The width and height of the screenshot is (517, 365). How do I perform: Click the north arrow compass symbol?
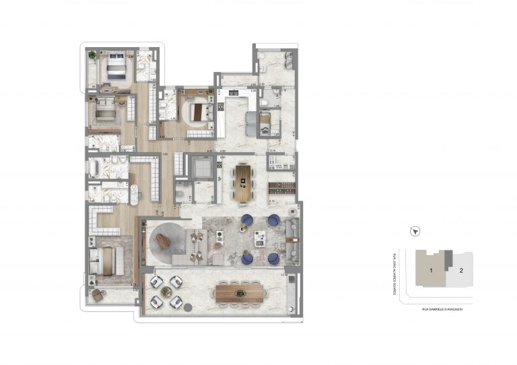coord(416,230)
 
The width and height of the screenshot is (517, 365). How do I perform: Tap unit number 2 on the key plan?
coord(460,270)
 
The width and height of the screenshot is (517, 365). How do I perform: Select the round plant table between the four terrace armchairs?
coord(166,291)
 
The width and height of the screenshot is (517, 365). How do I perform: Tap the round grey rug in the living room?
coord(164,238)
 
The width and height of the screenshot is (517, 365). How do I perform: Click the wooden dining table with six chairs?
coord(244,182)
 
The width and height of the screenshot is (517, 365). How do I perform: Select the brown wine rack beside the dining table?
coord(281,187)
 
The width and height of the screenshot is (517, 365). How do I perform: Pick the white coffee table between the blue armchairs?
coord(259,238)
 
